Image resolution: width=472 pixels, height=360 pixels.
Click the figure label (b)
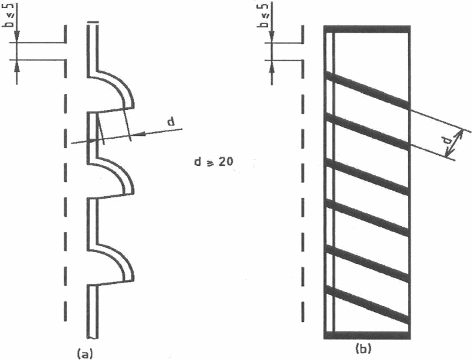tap(363, 349)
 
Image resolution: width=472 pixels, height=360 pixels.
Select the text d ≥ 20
tap(213, 162)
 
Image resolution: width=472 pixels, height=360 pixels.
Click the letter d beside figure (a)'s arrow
tap(171, 122)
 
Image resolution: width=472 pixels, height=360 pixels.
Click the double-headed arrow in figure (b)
tap(454, 143)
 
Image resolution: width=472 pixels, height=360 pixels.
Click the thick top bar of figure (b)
tap(367, 29)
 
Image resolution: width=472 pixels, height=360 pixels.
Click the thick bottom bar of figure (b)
tap(367, 335)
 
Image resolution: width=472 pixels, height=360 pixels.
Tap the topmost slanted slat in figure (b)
tap(367, 90)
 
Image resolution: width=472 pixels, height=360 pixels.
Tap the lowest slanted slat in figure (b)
tap(367, 305)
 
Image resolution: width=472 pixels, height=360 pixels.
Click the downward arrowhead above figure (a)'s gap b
tap(17, 37)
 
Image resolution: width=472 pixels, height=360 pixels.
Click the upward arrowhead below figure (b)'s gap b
tap(272, 66)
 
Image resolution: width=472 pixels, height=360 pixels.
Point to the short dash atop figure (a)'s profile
tap(93, 22)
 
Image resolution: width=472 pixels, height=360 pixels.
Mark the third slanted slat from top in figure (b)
tap(367, 177)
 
